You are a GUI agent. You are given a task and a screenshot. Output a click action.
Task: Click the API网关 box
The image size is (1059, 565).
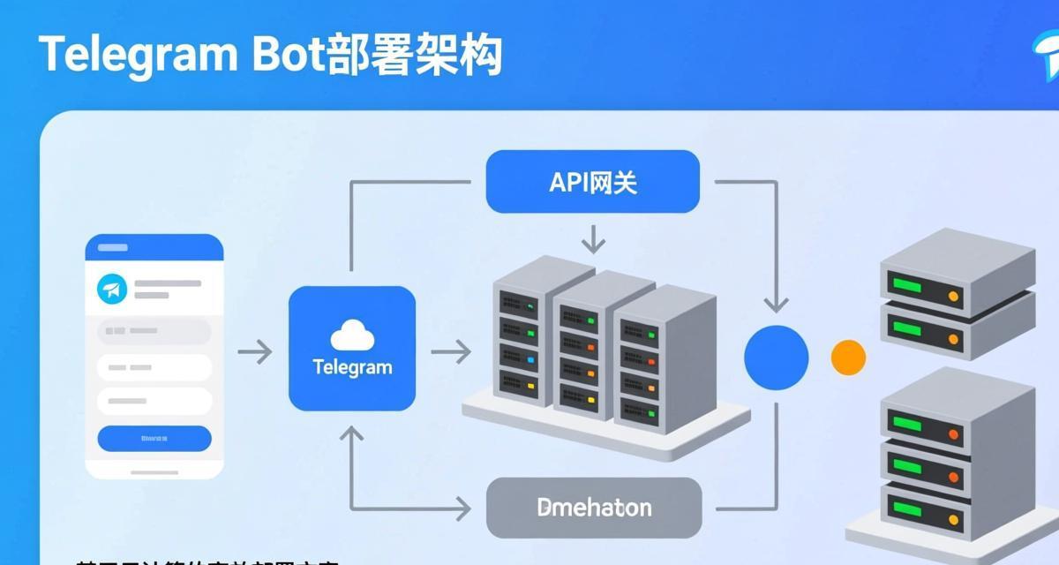click(592, 182)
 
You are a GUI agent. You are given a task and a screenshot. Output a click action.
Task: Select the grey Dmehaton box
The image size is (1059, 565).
click(594, 508)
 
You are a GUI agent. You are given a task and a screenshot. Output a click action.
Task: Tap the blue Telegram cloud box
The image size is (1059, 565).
click(351, 348)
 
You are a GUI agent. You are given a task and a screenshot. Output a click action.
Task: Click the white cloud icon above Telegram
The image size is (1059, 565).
click(352, 335)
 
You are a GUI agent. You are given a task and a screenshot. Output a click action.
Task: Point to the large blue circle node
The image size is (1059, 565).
click(776, 358)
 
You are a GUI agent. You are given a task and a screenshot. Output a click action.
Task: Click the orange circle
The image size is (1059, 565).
click(848, 358)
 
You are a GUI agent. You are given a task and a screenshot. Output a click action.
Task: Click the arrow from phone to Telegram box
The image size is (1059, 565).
click(255, 352)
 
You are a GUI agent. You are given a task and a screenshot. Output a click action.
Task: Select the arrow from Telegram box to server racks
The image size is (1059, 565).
click(451, 352)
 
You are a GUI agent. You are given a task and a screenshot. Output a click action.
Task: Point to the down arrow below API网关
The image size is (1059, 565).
click(593, 238)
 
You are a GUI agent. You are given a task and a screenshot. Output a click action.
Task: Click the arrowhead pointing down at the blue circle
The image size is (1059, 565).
click(776, 305)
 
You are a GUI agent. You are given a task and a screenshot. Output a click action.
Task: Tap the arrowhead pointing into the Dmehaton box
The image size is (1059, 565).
click(462, 508)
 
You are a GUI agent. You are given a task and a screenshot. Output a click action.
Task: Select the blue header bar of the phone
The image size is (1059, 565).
click(154, 248)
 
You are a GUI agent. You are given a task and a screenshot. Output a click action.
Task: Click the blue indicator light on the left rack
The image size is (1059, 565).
click(531, 360)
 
